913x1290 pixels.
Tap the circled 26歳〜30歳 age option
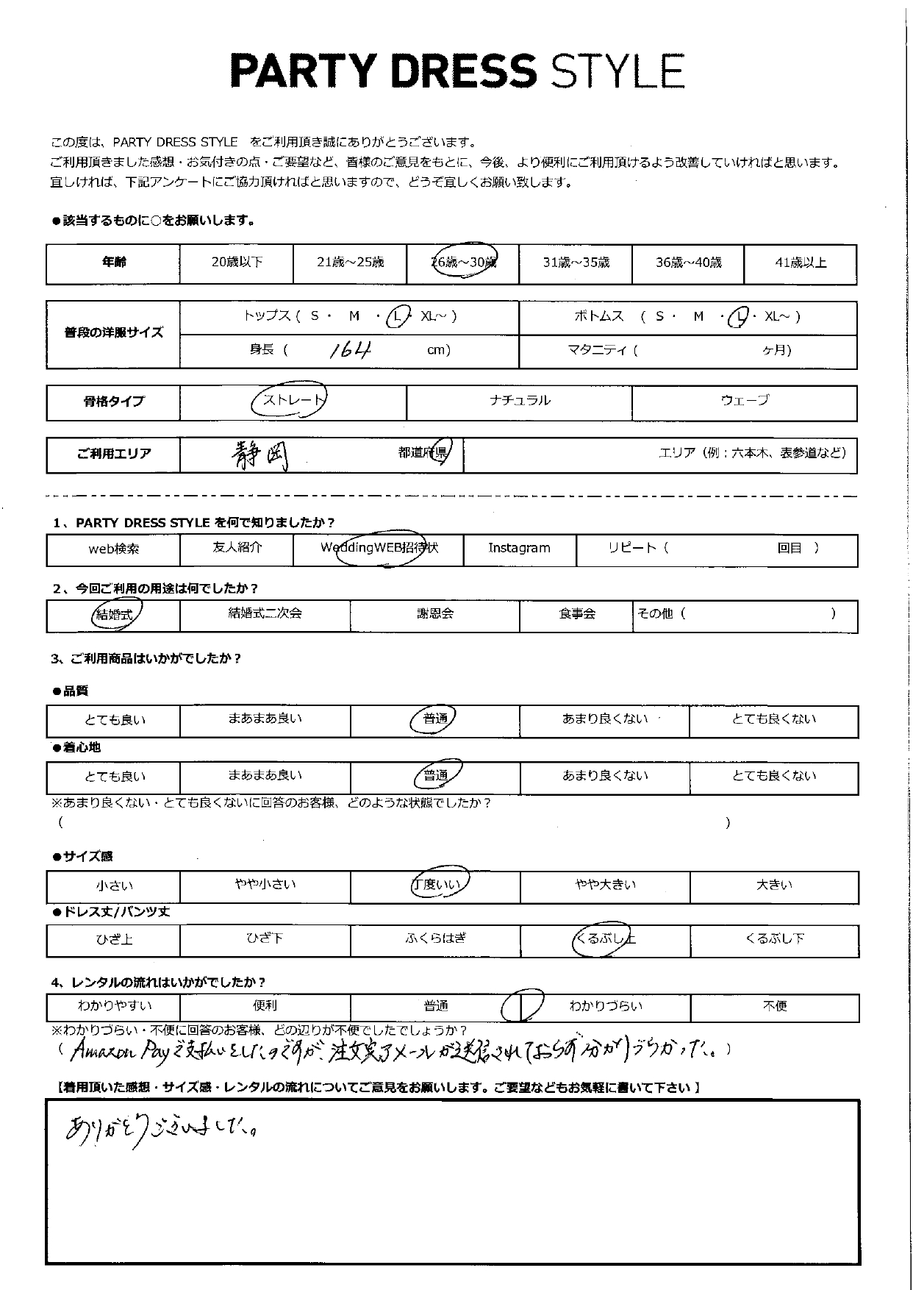click(464, 262)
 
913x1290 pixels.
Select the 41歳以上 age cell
click(801, 263)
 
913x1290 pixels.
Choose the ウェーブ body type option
click(745, 400)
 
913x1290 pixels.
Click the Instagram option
click(519, 548)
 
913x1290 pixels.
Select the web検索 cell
click(113, 549)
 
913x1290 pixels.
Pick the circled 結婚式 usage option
click(115, 614)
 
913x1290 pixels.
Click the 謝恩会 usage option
click(435, 613)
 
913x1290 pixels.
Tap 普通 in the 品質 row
click(435, 719)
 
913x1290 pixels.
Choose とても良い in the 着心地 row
click(115, 777)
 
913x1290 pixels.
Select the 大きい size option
click(774, 885)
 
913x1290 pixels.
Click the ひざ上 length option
click(114, 939)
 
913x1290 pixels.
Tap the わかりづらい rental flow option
click(605, 1005)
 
